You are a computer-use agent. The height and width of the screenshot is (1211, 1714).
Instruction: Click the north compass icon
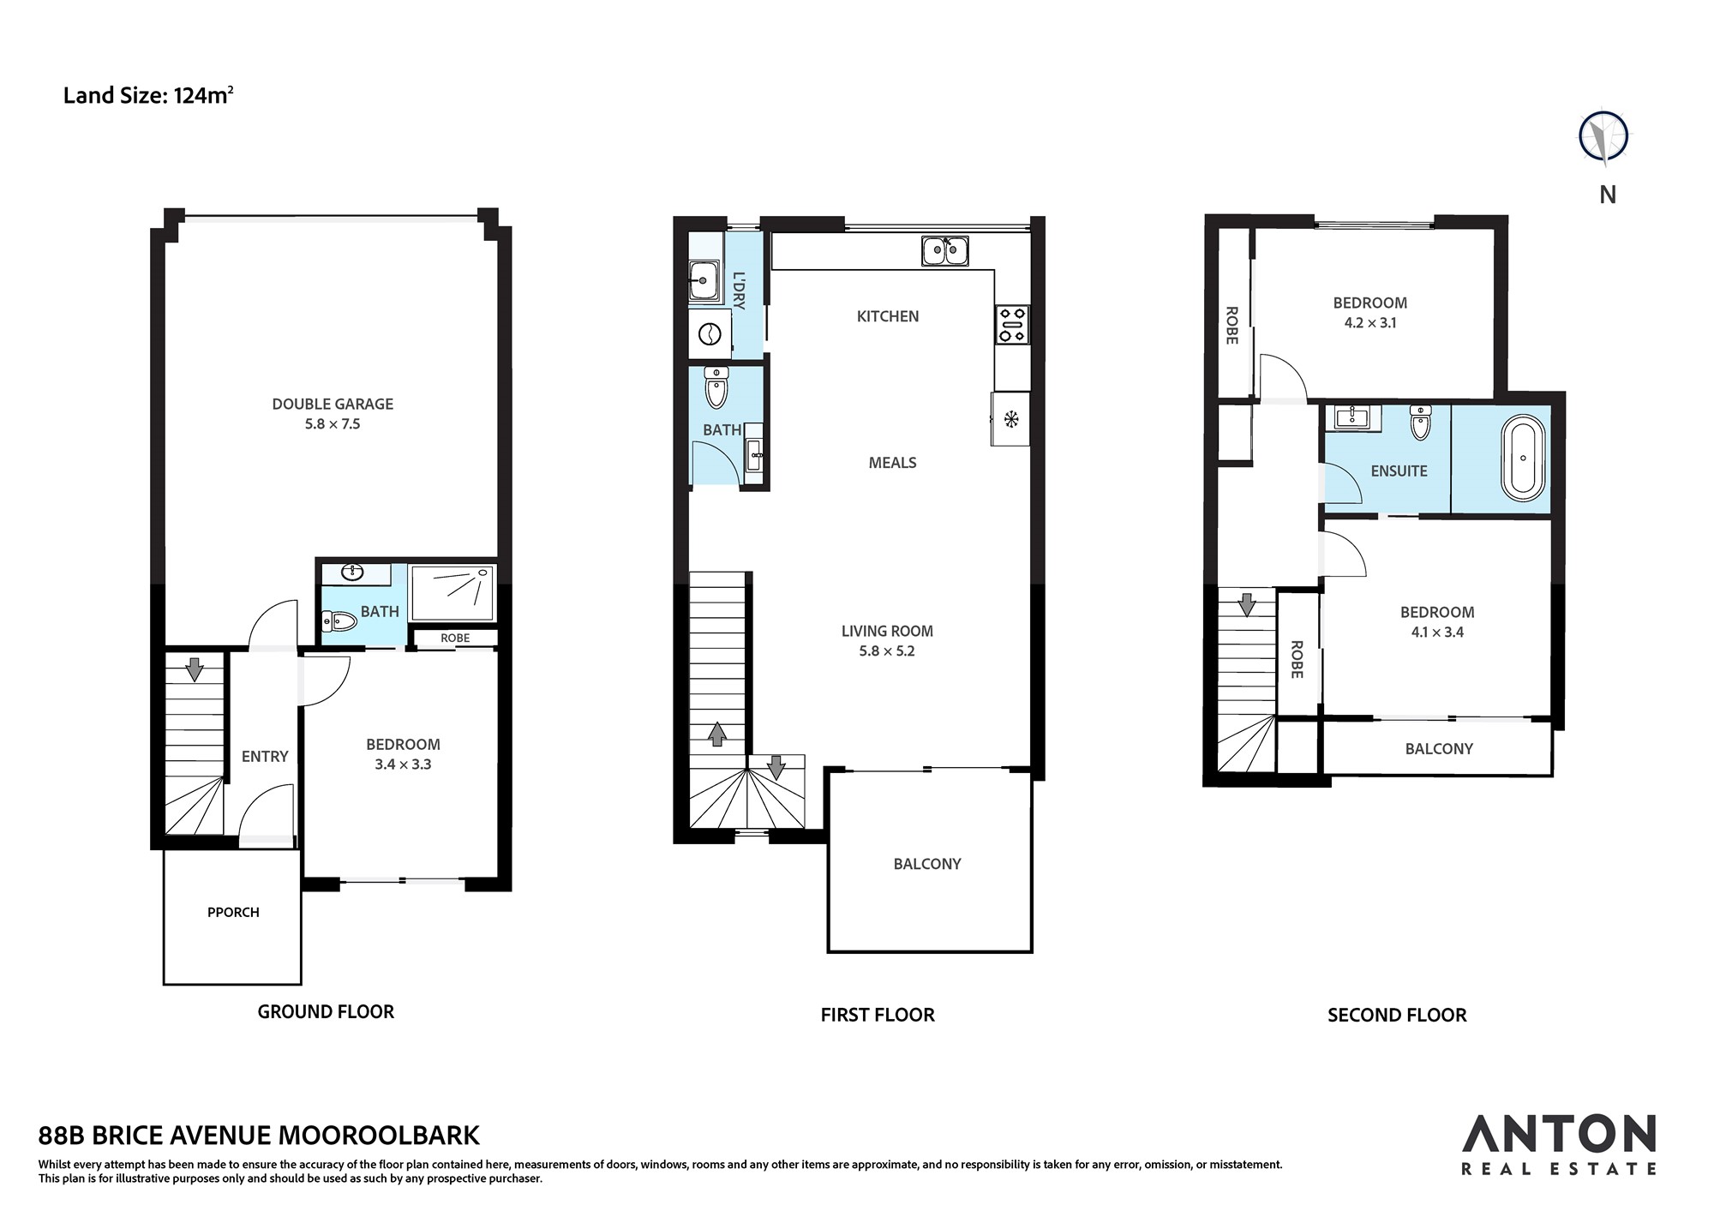[x=1604, y=136]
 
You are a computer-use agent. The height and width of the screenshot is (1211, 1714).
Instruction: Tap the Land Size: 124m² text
[x=148, y=94]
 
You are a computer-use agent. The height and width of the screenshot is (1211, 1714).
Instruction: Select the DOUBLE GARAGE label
[x=333, y=404]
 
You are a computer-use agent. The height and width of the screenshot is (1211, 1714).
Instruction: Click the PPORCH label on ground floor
[x=233, y=912]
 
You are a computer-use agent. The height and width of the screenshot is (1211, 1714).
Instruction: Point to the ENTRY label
[x=265, y=756]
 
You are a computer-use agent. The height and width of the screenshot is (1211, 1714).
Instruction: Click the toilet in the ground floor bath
[x=339, y=620]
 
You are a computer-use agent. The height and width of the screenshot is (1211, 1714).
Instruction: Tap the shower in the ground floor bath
[x=452, y=592]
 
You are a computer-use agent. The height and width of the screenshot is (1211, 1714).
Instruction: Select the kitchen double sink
[x=945, y=251]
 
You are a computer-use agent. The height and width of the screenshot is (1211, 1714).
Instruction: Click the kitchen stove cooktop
[x=1011, y=325]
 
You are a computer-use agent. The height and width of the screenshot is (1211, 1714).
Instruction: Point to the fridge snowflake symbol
[x=1011, y=419]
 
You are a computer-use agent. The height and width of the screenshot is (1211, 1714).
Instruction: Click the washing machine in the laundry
[x=710, y=333]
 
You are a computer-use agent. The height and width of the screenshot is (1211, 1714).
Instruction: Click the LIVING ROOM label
[x=887, y=631]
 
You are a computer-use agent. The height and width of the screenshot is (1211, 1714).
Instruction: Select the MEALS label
[x=892, y=463]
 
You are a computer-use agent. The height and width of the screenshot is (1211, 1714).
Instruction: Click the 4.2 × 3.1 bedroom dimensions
[x=1370, y=323]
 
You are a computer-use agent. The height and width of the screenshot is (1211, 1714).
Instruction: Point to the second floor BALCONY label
[x=1439, y=748]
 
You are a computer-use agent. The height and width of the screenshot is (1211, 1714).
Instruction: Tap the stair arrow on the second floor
[x=1247, y=604]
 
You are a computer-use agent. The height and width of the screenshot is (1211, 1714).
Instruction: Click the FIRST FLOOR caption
[x=878, y=1015]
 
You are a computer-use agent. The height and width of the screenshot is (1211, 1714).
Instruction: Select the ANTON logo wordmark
[x=1559, y=1133]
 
